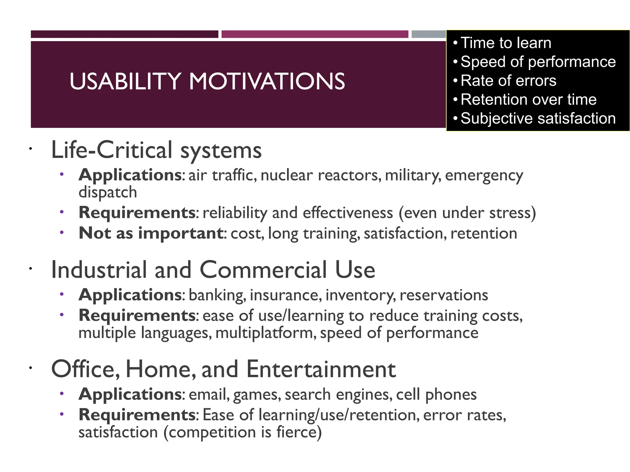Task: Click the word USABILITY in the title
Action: click(125, 81)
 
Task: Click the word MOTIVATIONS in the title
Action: click(267, 81)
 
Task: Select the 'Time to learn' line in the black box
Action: click(506, 43)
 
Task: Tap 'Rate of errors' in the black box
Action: click(508, 81)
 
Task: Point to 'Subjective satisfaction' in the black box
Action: click(538, 118)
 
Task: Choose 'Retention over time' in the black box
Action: click(528, 100)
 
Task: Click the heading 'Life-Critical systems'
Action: click(156, 150)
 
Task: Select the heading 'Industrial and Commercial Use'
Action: click(213, 270)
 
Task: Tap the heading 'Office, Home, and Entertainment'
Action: click(223, 369)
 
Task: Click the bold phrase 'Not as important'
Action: click(151, 233)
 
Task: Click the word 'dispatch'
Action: click(108, 192)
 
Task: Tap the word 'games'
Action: click(257, 395)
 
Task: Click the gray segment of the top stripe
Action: click(429, 34)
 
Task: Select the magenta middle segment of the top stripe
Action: click(315, 34)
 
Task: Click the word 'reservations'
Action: click(444, 295)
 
